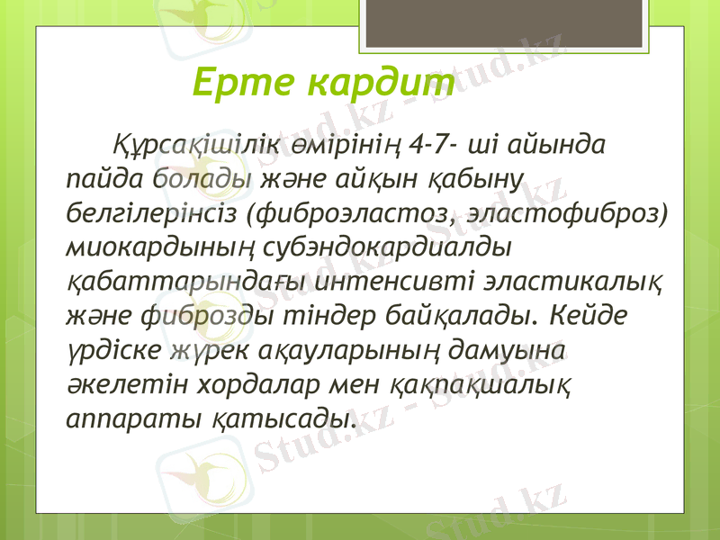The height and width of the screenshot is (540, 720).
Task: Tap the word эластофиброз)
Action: (x=573, y=213)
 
